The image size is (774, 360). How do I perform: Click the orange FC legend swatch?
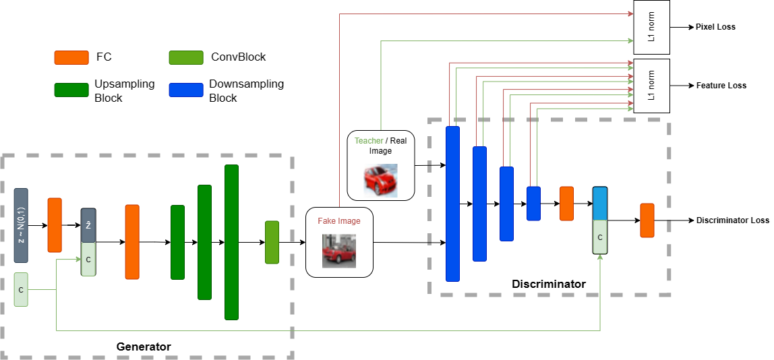[x=71, y=57]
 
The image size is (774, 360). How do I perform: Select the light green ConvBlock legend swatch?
[x=186, y=57]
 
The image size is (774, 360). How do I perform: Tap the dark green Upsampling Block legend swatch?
[x=71, y=90]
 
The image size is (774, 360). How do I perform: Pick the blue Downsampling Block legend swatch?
[x=186, y=90]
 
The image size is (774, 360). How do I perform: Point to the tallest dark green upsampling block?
[x=231, y=242]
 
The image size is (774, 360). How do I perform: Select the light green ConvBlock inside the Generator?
[x=272, y=242]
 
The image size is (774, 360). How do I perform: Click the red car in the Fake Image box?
[x=338, y=250]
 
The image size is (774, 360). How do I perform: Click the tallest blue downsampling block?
[x=452, y=203]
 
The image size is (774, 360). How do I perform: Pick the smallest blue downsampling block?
[x=533, y=203]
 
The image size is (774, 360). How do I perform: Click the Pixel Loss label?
[x=715, y=27]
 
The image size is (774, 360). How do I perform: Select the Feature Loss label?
[x=721, y=86]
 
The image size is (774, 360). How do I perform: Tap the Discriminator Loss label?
[x=732, y=220]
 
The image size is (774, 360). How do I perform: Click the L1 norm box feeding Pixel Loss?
[x=651, y=27]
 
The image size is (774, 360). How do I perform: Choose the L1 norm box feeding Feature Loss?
[x=651, y=86]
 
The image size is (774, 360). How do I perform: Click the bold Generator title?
[x=144, y=347]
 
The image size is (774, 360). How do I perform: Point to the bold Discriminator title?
[x=548, y=284]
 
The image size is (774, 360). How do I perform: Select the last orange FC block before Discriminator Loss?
[x=647, y=220]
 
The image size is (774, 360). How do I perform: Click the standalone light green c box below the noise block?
[x=21, y=289]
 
